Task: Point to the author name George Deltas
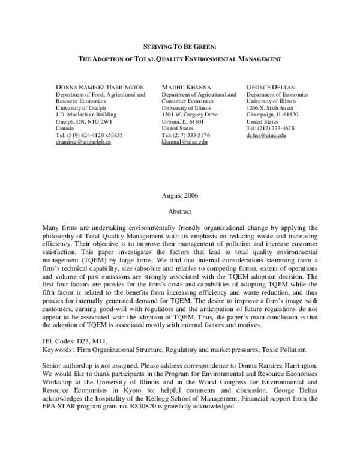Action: (x=268, y=88)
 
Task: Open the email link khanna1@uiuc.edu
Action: (x=184, y=142)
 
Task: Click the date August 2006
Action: (x=179, y=196)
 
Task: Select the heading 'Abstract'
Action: (x=179, y=211)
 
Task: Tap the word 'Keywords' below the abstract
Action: (x=58, y=349)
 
